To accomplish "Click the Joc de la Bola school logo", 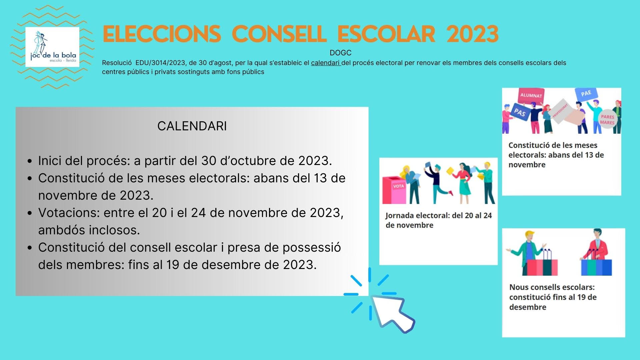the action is tap(52, 47).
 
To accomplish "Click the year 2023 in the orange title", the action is tap(472, 34).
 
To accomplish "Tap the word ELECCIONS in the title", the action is tap(162, 34).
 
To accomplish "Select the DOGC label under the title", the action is tap(340, 53).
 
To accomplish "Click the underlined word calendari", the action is tap(325, 63).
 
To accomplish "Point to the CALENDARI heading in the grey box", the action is tap(192, 126).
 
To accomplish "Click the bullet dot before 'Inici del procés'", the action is tap(30, 161).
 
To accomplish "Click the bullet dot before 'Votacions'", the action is tap(30, 213).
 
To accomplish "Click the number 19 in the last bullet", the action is tap(173, 265).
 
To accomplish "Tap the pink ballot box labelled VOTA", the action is tap(395, 190).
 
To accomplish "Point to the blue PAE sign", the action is tap(586, 94).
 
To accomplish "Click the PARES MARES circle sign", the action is tap(607, 119).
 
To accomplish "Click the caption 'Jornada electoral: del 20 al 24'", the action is tap(439, 216).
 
